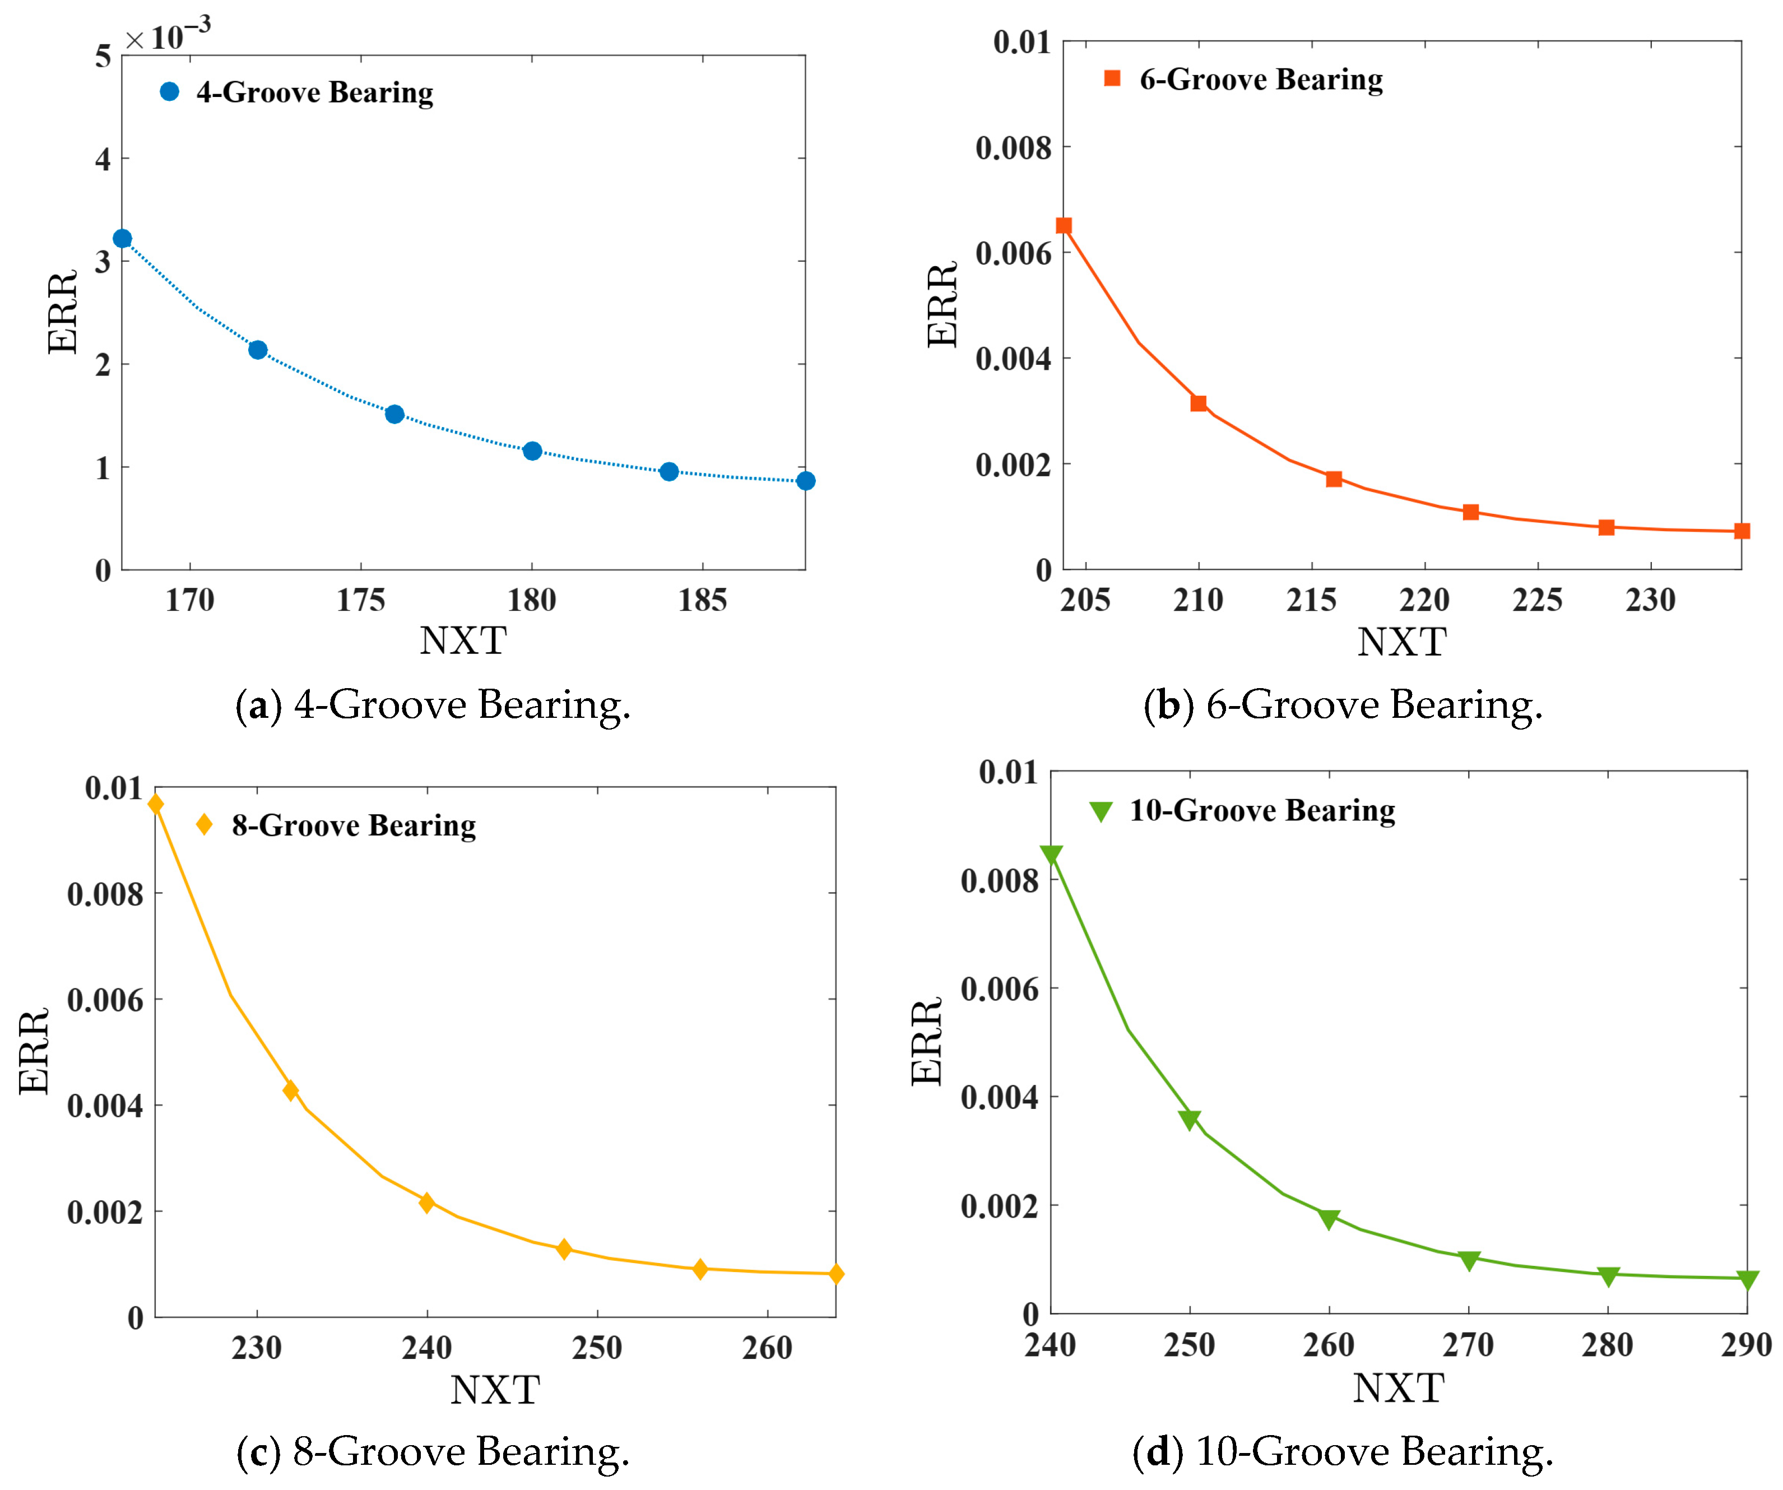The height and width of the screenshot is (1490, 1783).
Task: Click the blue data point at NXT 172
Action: point(258,350)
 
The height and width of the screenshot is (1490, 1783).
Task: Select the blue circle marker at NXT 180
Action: point(532,451)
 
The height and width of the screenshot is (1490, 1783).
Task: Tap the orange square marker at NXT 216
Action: point(1334,479)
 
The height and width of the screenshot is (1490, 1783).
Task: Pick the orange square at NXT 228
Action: point(1605,527)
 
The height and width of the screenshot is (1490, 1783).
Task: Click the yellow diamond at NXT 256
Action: point(700,1269)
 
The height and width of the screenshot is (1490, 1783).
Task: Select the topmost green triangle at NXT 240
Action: point(1051,856)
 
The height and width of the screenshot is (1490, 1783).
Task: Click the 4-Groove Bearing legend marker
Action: point(170,92)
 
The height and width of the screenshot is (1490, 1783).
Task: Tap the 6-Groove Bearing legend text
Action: point(1261,80)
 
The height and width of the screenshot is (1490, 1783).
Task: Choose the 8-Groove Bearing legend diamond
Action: point(204,824)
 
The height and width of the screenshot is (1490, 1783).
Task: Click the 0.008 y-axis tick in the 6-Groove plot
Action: point(1013,148)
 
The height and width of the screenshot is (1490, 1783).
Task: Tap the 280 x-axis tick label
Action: point(1607,1345)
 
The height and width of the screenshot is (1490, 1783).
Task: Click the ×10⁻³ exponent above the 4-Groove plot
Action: point(168,34)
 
